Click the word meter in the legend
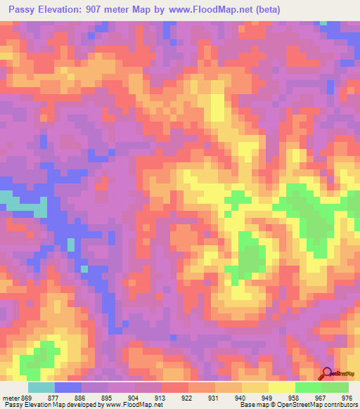coord(11,397)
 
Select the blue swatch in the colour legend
coord(68,387)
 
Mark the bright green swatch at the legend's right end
coord(335,387)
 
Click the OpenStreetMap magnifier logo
coord(326,374)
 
